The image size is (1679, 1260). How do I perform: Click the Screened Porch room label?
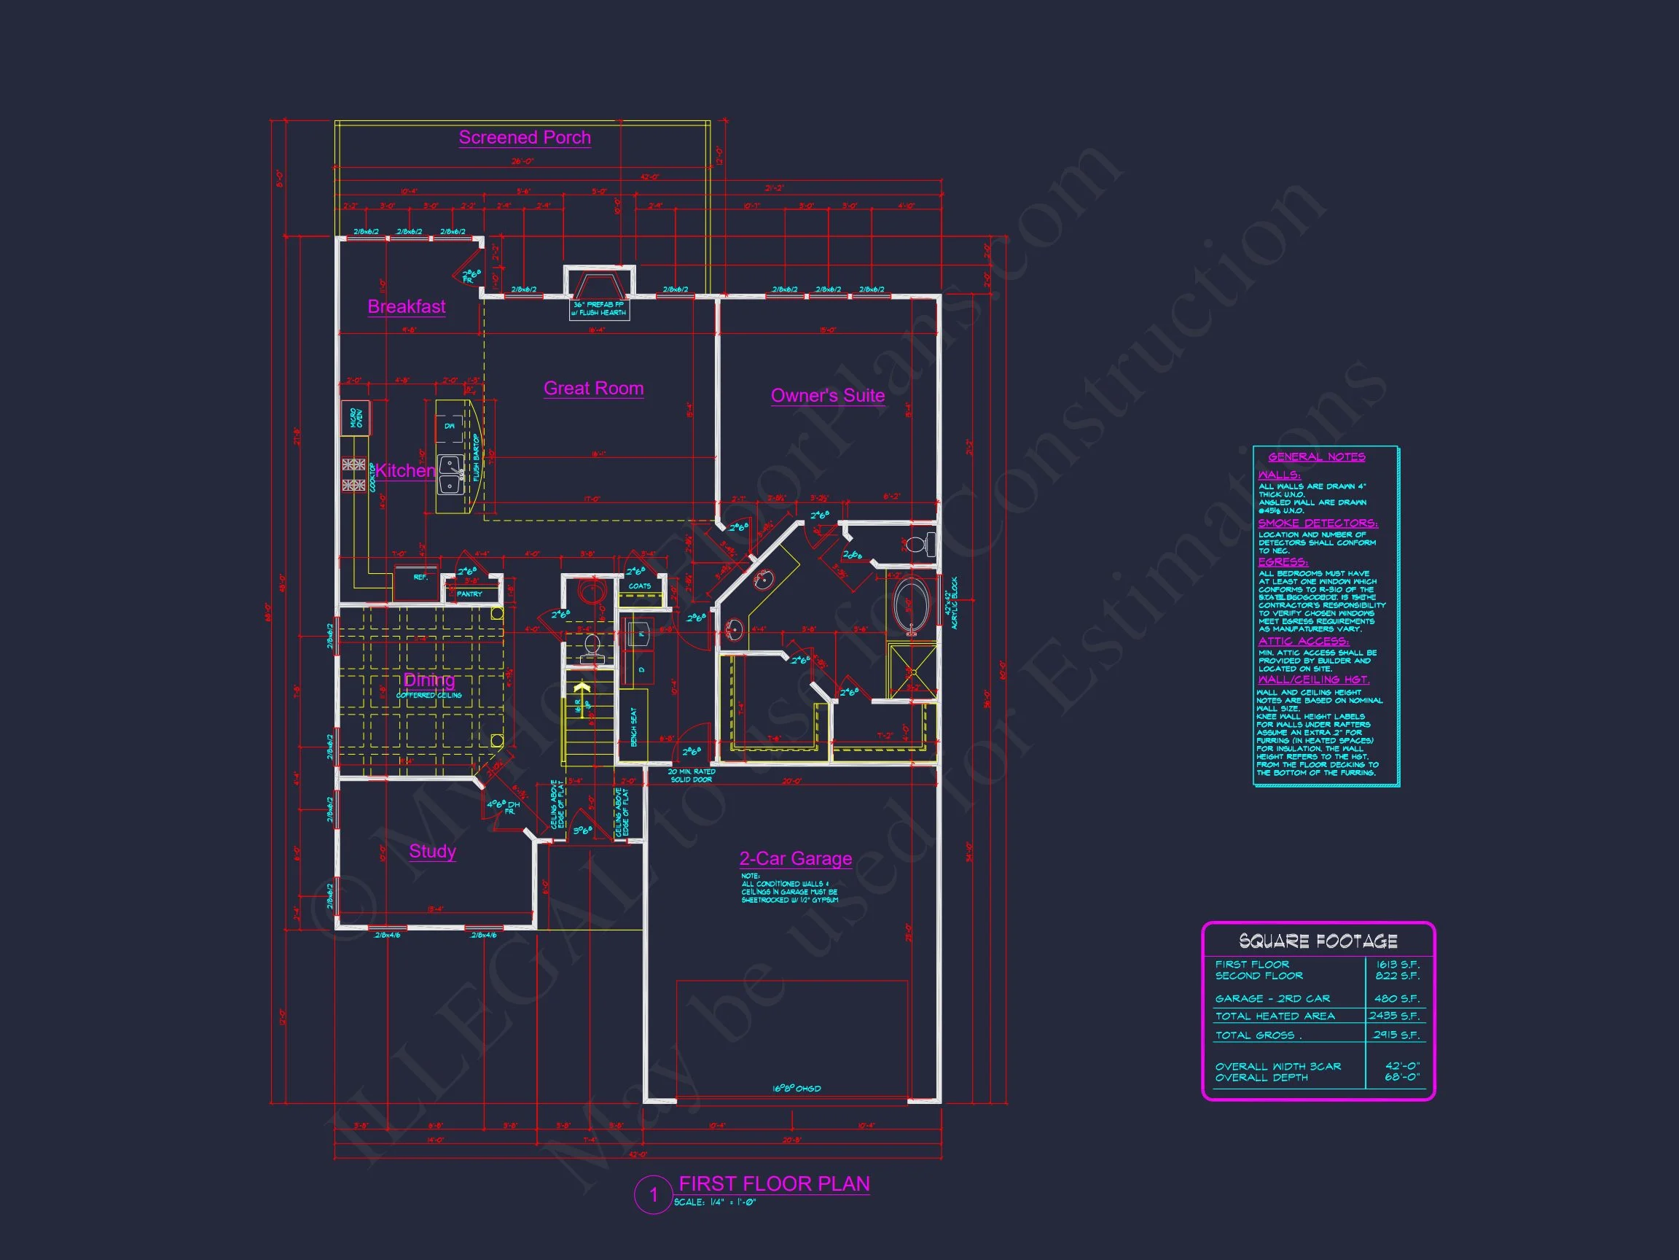click(525, 138)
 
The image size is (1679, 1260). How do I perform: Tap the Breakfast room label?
click(406, 306)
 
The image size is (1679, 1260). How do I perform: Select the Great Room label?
click(594, 388)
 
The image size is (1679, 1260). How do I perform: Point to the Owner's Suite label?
click(827, 396)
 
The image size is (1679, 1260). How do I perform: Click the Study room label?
click(432, 851)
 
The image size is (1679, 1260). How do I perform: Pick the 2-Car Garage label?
click(796, 858)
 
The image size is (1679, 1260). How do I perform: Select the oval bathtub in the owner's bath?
click(907, 607)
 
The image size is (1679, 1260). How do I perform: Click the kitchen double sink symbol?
click(451, 475)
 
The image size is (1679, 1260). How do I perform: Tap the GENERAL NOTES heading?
click(1317, 456)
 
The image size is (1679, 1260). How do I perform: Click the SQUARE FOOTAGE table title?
click(1318, 942)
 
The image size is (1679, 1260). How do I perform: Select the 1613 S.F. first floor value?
click(1398, 965)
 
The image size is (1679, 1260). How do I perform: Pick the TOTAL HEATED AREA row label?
click(1275, 1016)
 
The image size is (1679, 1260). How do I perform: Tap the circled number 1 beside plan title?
click(654, 1194)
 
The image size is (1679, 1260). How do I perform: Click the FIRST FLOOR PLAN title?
click(774, 1184)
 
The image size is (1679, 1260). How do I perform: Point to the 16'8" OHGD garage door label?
click(797, 1089)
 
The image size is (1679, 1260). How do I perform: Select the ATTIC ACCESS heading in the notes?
click(1303, 642)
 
